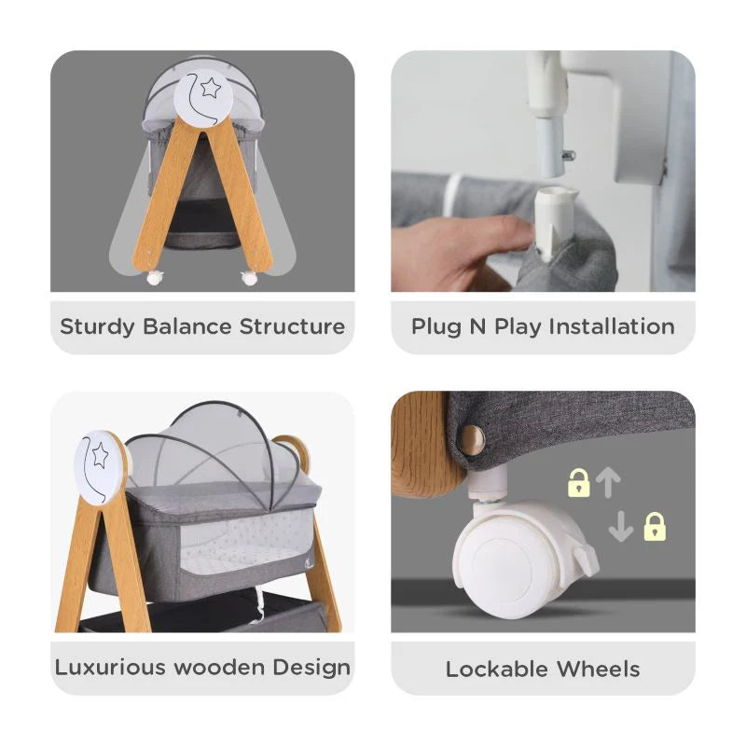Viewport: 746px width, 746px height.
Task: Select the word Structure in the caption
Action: click(x=292, y=326)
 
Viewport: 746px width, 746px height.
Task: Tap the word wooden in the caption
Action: click(x=222, y=668)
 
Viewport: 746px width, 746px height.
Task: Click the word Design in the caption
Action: click(x=311, y=668)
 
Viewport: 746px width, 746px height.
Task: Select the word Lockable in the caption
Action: click(x=499, y=669)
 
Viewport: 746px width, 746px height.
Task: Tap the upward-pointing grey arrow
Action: click(x=608, y=481)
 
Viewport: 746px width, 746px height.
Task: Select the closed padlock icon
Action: click(x=655, y=527)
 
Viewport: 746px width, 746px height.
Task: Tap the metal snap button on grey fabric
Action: click(x=473, y=439)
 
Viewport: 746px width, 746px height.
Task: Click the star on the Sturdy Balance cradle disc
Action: click(x=211, y=90)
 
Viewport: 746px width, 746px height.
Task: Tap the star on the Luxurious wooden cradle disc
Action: click(x=100, y=455)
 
